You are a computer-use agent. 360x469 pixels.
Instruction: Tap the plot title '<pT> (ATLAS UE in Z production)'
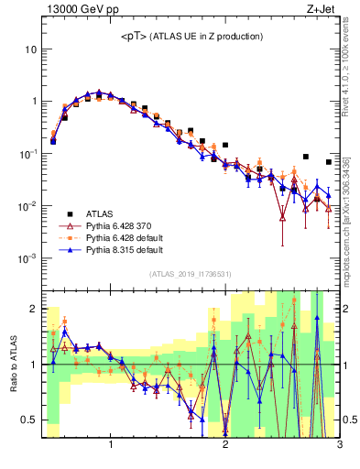pos(192,36)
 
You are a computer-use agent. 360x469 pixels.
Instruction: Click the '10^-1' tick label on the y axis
pos(28,154)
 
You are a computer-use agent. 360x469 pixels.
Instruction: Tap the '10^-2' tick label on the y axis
pos(28,206)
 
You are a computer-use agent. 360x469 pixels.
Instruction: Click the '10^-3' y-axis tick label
pos(28,259)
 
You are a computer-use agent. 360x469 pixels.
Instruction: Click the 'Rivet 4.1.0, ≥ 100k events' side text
pos(353,69)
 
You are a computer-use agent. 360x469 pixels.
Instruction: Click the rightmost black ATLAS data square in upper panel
pos(329,162)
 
